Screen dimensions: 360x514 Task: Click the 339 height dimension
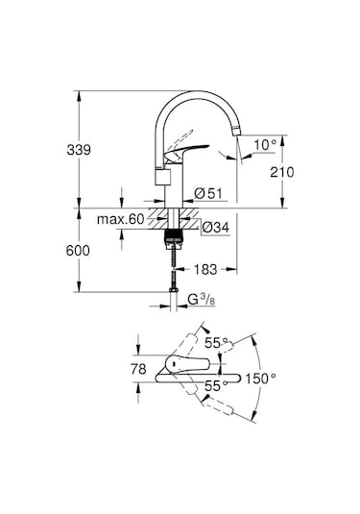[79, 150]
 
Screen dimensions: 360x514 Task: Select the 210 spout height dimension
[282, 172]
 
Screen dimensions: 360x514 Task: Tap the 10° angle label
[265, 144]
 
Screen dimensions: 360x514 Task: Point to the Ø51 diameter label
[208, 193]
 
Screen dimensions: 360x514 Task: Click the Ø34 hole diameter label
[216, 227]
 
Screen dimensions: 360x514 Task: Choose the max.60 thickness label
[121, 219]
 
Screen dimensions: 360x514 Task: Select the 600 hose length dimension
[78, 251]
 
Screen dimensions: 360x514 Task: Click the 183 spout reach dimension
[205, 269]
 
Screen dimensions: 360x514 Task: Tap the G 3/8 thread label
[202, 300]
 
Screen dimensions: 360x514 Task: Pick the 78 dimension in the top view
[138, 369]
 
